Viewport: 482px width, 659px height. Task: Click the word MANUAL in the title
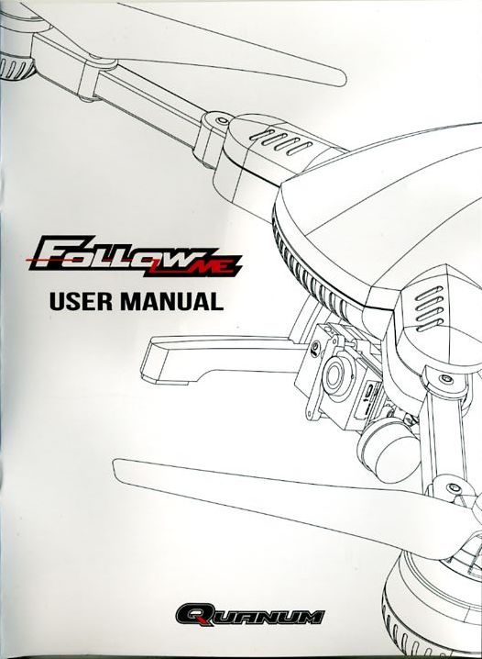point(171,301)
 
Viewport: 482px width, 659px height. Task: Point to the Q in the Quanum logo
point(192,615)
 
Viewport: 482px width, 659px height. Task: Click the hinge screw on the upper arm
point(219,121)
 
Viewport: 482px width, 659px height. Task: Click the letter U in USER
point(57,302)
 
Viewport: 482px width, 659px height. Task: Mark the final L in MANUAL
point(216,301)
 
